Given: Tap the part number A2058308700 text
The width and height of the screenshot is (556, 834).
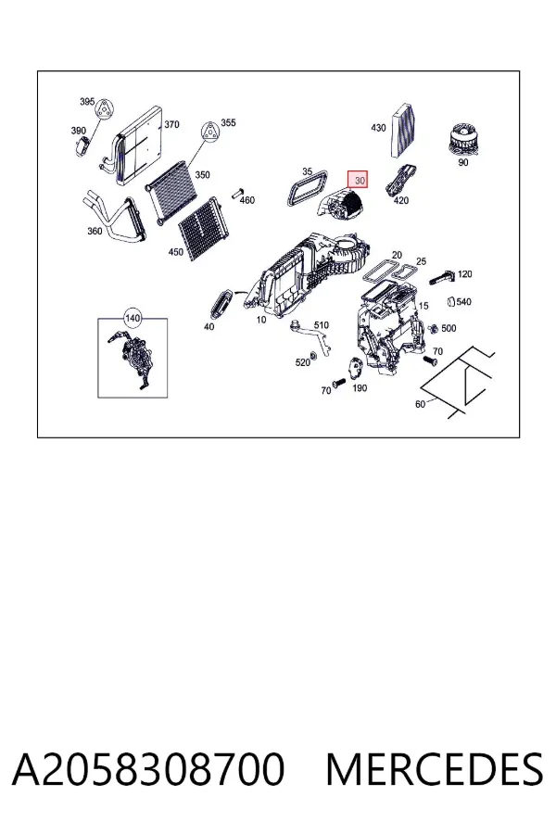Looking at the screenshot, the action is pos(148,769).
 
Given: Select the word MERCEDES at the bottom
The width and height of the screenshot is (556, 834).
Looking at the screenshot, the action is pos(435,769).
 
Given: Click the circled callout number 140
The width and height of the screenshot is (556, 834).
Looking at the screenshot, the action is pos(133,318).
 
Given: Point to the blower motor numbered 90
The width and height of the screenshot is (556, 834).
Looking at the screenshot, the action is pos(463,139).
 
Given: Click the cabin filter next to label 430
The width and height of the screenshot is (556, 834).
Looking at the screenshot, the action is pos(404,130).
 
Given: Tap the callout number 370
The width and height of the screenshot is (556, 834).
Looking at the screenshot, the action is pos(171,124).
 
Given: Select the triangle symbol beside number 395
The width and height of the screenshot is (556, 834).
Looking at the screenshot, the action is pos(106,110).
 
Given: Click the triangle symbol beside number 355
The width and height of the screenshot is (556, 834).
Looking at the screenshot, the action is pos(210,131).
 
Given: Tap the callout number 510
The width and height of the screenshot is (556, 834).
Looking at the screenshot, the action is pos(322,325).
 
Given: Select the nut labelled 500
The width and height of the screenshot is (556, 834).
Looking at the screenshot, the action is pos(433,329).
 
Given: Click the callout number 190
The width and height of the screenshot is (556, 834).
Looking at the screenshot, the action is pos(360,388).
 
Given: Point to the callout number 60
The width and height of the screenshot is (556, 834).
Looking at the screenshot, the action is pos(420,404).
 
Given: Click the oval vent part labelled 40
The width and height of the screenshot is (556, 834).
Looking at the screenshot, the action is pos(221,303).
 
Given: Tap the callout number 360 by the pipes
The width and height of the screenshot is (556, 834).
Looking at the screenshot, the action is pos(95,231).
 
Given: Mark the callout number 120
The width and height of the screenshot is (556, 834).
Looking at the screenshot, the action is pos(464,274).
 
